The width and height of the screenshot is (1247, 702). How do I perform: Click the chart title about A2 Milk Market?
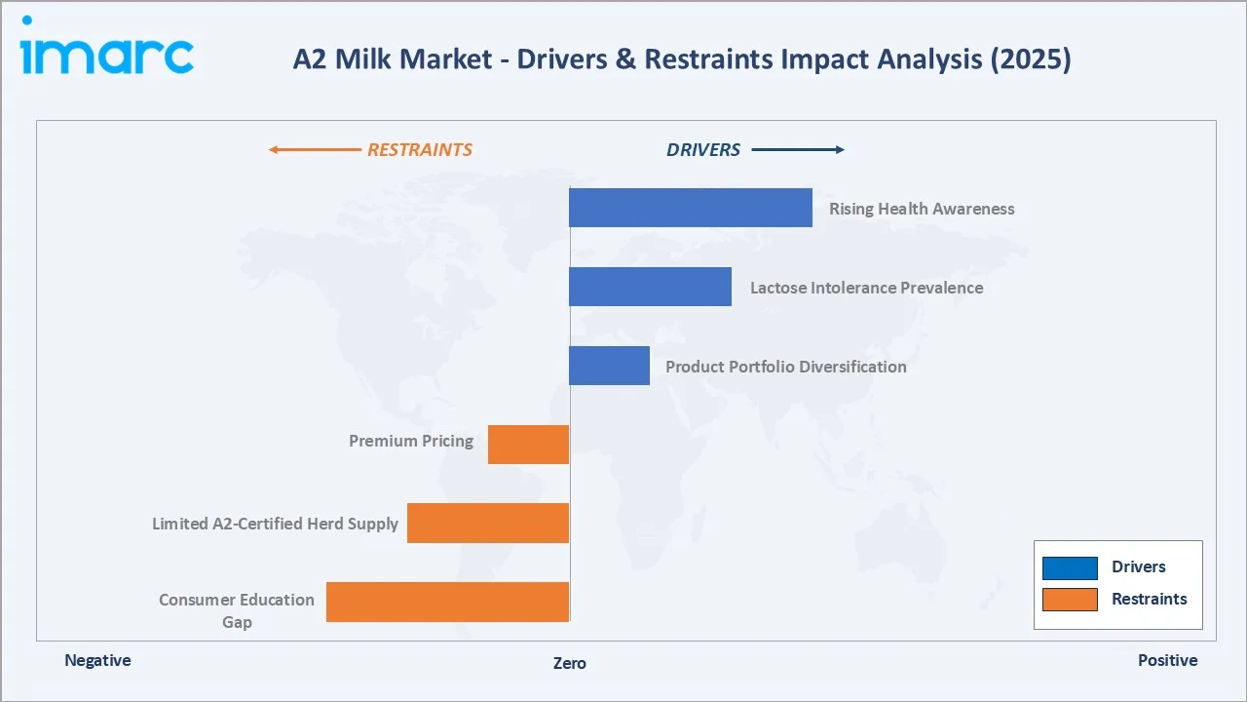681,59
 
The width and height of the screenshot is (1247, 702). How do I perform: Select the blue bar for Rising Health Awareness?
690,208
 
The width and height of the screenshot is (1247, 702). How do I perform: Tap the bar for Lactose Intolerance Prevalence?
650,287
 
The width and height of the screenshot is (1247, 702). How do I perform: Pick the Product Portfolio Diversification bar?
609,366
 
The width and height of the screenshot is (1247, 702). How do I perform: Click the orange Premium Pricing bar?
528,445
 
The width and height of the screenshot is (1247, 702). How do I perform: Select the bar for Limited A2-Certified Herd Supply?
487,524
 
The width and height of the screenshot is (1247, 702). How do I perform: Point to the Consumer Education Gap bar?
447,602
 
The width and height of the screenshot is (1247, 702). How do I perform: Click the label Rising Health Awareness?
922,209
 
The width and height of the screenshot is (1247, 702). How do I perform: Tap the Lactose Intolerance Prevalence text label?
866,288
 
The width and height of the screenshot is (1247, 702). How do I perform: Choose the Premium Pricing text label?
411,441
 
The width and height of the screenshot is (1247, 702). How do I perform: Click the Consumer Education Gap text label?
237,610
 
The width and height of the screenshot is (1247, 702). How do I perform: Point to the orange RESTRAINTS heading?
419,150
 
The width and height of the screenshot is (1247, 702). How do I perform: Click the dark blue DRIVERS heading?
703,150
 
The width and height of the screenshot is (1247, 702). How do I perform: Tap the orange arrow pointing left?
314,150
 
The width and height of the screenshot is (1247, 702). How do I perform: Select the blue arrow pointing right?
798,150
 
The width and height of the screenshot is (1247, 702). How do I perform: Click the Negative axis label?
97,660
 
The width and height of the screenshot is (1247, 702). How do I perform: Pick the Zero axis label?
570,663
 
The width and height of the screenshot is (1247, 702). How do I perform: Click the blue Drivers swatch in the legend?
1070,567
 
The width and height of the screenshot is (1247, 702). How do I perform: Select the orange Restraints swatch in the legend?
1070,600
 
